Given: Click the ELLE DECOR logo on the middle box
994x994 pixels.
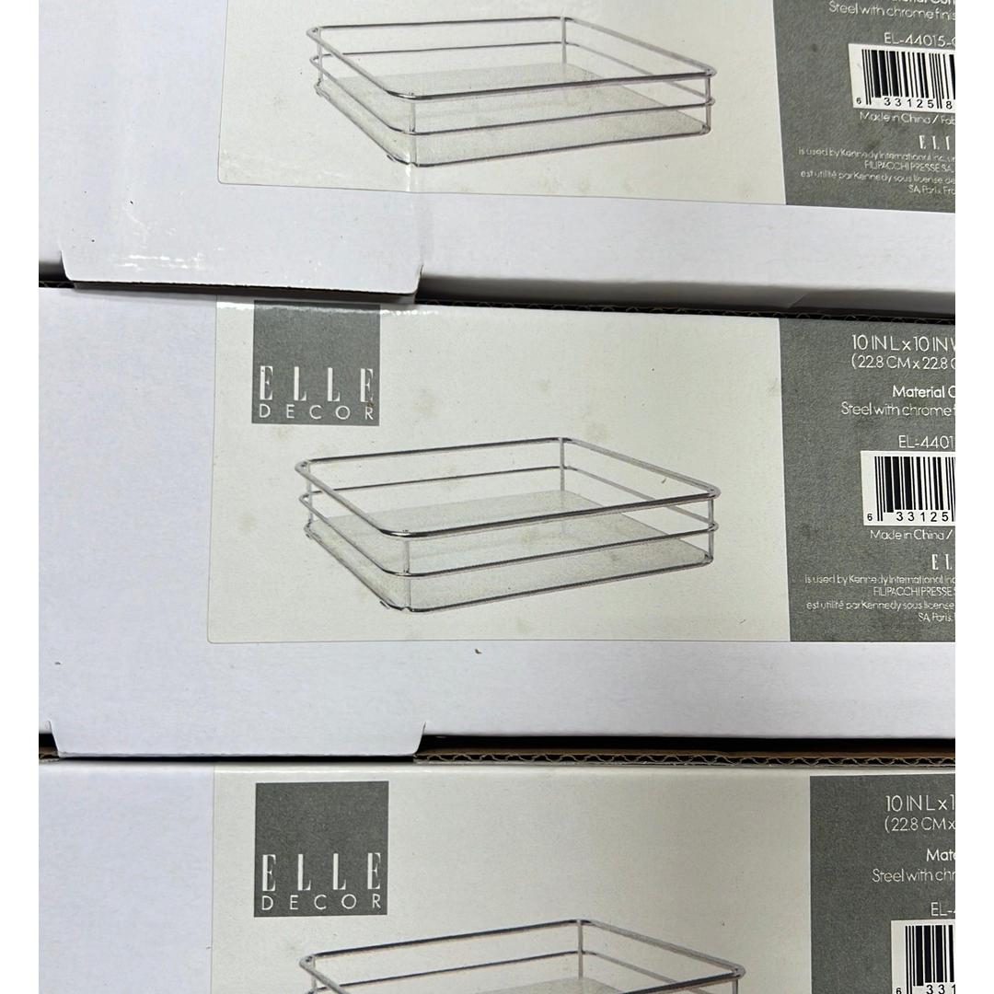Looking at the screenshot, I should coord(316,364).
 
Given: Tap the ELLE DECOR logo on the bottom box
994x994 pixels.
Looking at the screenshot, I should coord(321,849).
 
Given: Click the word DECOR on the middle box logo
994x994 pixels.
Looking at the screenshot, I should coord(316,412).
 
